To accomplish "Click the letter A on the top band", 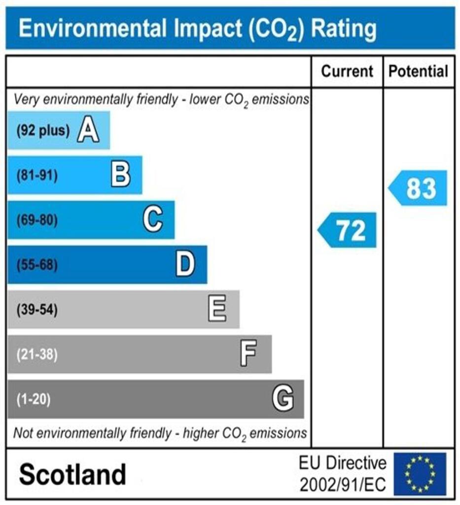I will tap(88, 131).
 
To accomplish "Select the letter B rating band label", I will tap(120, 175).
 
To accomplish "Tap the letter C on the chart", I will tap(153, 219).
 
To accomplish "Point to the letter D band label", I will tap(185, 264).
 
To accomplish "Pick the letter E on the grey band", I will tap(217, 309).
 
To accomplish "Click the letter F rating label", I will tap(248, 354).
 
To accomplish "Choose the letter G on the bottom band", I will tap(283, 398).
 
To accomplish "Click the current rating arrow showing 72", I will tap(347, 230).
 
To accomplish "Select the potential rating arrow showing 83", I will tap(418, 188).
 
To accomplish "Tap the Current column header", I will tap(347, 72).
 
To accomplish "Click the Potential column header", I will tap(419, 72).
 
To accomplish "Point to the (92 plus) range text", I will tap(43, 131).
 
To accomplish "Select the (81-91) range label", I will tap(37, 176).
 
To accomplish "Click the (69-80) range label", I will tap(37, 220).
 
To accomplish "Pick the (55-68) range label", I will tap(37, 265).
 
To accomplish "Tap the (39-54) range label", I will tap(37, 310).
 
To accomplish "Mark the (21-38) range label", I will tap(37, 354).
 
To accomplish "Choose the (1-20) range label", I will tap(34, 399).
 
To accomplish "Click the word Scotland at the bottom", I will tap(72, 474).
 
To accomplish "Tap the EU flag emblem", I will tap(420, 474).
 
